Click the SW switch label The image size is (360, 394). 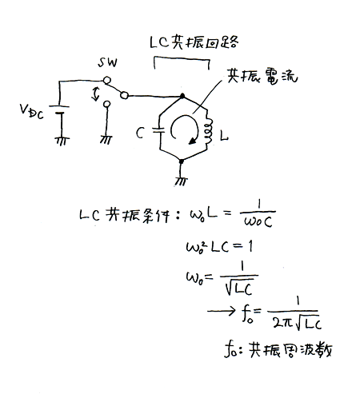[107, 63]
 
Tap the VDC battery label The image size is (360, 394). [31, 111]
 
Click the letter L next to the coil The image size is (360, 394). [224, 137]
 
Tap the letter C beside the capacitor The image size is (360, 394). [140, 133]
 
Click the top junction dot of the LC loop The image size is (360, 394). [182, 96]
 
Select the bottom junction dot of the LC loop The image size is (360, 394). [182, 161]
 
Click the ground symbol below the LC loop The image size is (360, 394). [181, 181]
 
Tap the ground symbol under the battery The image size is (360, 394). [62, 141]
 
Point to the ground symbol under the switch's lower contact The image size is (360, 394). [106, 140]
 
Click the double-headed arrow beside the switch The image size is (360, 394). [95, 94]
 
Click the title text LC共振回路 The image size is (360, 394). [194, 42]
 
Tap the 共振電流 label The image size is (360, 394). [262, 77]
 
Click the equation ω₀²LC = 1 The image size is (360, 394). [219, 247]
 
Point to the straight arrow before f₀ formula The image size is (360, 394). [222, 311]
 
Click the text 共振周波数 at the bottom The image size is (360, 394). [290, 349]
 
